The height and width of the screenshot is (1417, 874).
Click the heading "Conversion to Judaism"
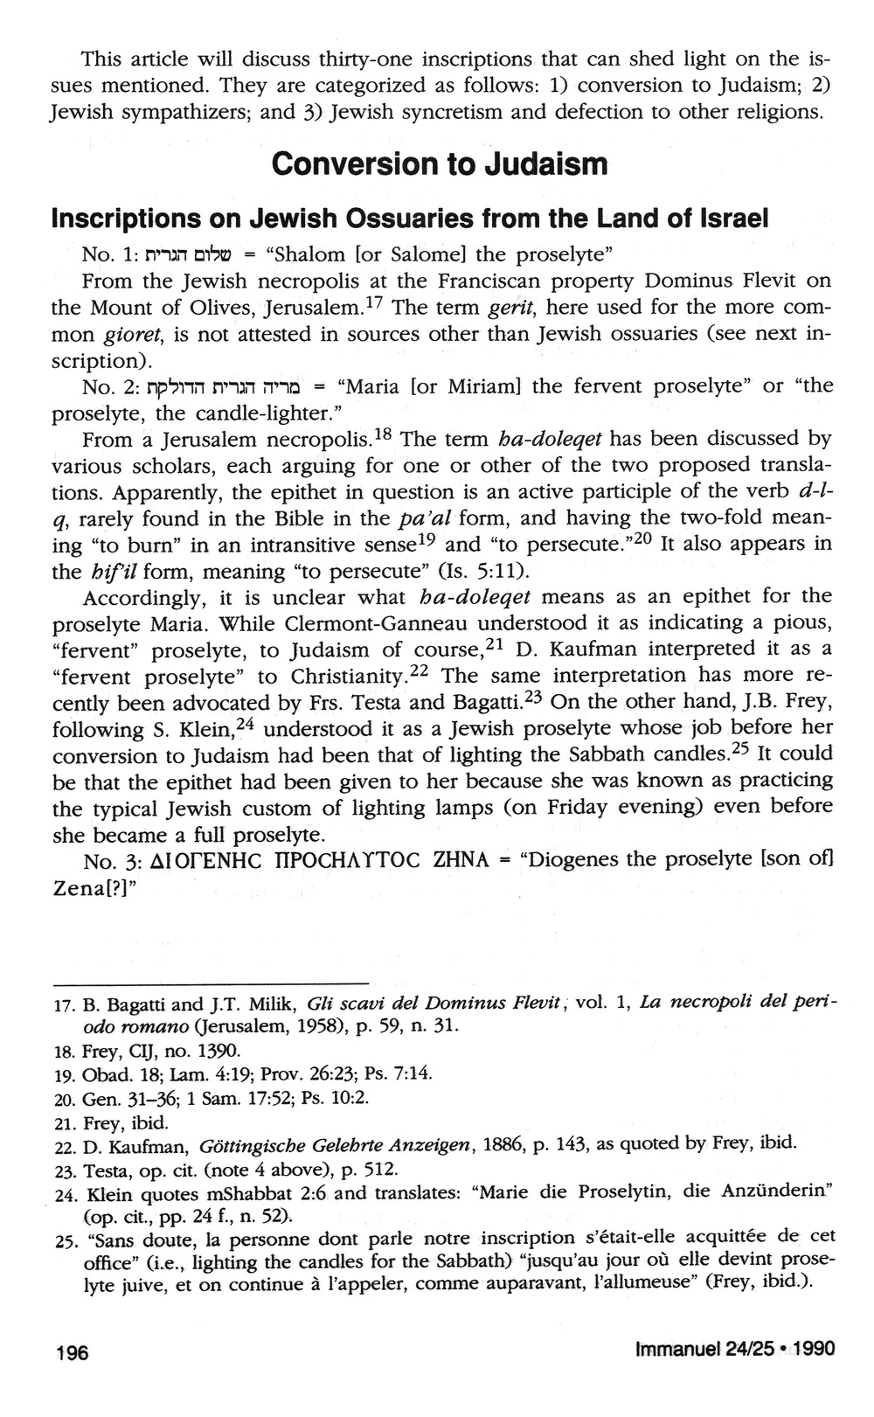click(x=439, y=163)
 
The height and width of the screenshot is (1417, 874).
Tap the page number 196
click(x=72, y=1352)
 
